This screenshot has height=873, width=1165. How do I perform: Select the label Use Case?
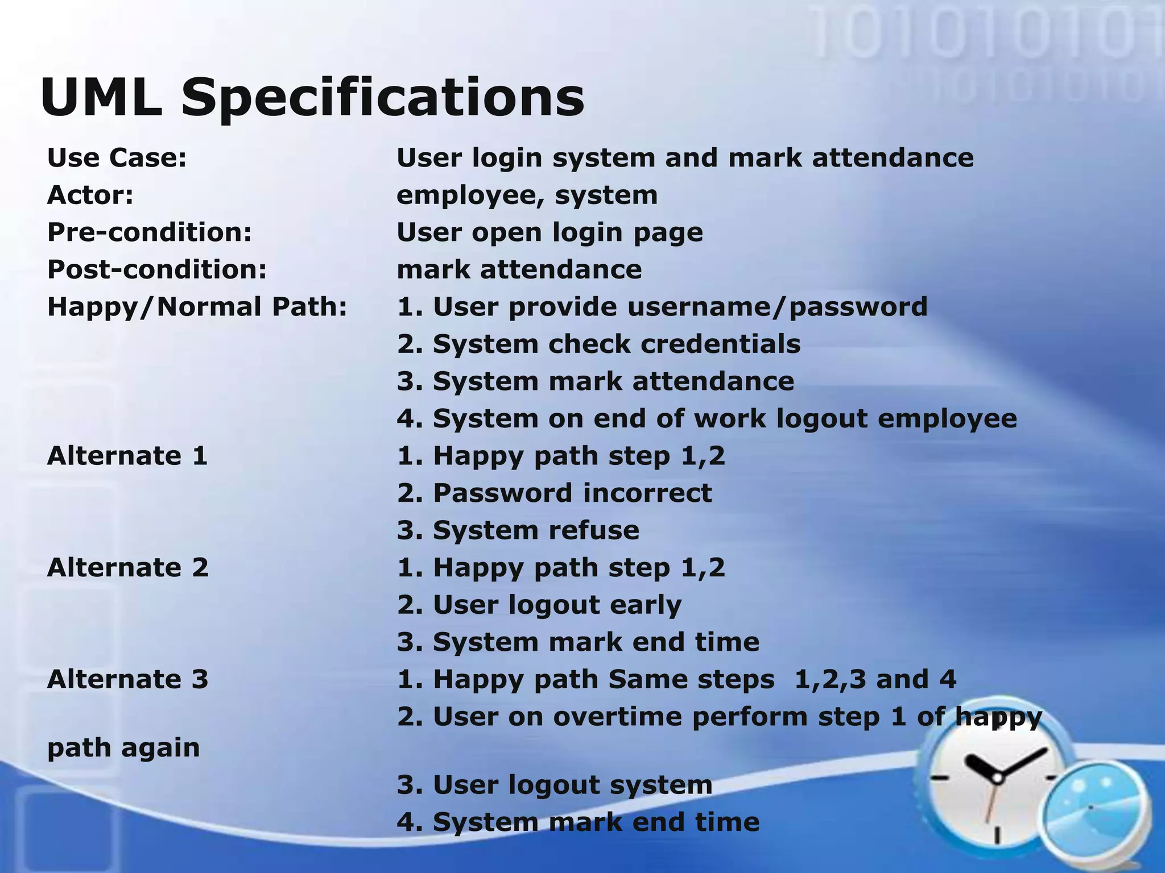[x=117, y=157]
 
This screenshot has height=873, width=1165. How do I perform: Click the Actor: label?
[x=90, y=195]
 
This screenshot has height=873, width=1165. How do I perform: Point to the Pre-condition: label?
[x=150, y=232]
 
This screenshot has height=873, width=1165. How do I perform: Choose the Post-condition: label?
[x=157, y=269]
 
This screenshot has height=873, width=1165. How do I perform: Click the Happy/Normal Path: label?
[x=197, y=307]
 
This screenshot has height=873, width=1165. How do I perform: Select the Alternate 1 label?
[x=127, y=456]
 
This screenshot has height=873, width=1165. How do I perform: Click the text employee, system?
[x=527, y=195]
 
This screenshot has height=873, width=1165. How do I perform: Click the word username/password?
[x=778, y=307]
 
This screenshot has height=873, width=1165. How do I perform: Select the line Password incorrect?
[x=554, y=493]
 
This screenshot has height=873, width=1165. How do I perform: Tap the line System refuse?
[x=518, y=530]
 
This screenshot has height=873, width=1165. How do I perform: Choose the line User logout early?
[x=539, y=605]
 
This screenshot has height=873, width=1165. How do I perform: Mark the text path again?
[x=123, y=747]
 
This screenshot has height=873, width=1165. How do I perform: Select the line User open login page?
[x=550, y=232]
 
